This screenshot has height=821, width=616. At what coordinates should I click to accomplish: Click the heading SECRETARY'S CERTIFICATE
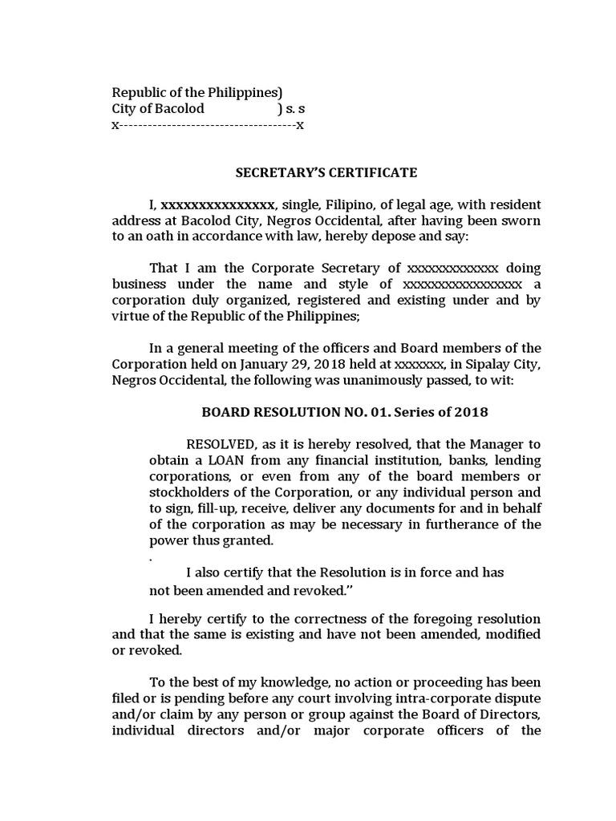click(x=326, y=172)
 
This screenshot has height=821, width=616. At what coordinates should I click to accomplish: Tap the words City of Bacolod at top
click(x=157, y=108)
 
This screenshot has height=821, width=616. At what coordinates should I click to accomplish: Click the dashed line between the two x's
click(x=208, y=126)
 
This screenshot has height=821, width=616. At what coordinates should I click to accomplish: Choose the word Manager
click(x=492, y=444)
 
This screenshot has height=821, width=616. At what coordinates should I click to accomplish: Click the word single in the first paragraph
click(x=301, y=204)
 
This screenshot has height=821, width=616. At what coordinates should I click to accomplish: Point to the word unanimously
click(x=367, y=380)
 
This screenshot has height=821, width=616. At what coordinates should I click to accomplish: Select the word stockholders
click(x=191, y=492)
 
